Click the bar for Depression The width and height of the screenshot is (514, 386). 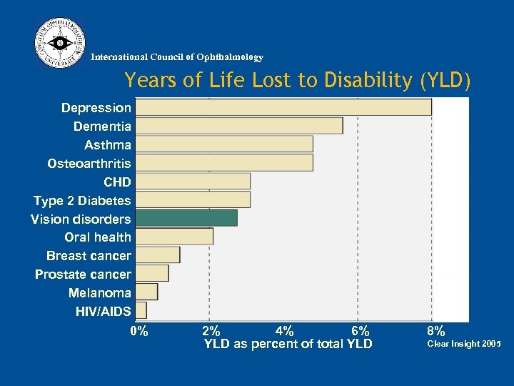pos(283,107)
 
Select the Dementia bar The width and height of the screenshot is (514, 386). pos(239,126)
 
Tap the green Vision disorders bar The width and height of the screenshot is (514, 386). pos(186,218)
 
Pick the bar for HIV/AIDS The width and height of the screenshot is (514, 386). pos(141,310)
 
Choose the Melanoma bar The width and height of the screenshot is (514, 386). pos(146,292)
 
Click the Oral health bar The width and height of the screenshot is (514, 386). pos(174,237)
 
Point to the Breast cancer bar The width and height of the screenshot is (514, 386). pos(158,254)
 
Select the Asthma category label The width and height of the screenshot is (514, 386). pos(108,145)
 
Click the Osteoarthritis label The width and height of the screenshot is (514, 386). pos(89,164)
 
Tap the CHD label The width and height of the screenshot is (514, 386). pos(117,182)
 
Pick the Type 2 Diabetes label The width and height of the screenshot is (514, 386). pos(82,201)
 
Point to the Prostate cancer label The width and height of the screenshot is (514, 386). pos(83,274)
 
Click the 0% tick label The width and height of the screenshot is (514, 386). pos(139,331)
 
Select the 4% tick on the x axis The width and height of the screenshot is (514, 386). pos(284,331)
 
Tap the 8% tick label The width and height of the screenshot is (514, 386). pos(435,331)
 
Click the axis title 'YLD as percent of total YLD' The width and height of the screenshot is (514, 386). pos(288,344)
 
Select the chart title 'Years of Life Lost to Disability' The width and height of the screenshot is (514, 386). pos(298,81)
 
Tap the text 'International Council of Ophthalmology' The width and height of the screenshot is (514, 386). pos(177,57)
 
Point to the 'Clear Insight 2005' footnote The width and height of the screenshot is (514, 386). pos(463,344)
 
